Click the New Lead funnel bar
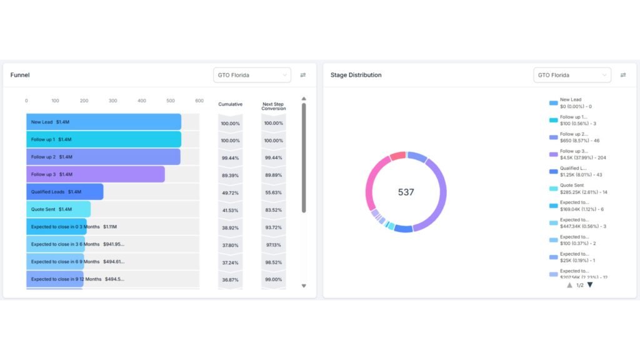103,122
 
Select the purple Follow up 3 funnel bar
95,174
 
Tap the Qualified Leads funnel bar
64,192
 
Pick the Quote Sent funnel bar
58,209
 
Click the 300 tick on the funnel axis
112,101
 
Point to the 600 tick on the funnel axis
199,101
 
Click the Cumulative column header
230,104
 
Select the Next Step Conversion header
274,106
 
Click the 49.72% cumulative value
230,192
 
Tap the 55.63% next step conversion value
273,192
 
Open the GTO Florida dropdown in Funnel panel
252,75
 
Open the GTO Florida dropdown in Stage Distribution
572,75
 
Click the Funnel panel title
20,75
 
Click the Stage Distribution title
356,75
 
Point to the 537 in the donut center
406,192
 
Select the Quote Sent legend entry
572,189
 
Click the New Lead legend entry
570,103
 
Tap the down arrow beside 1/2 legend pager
590,285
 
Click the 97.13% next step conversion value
273,245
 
